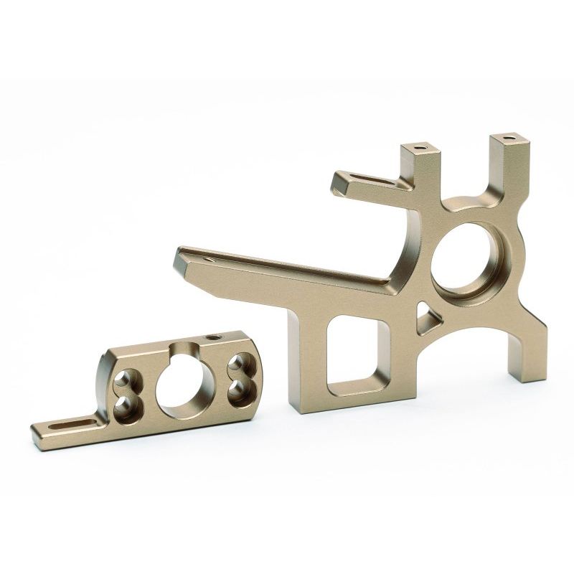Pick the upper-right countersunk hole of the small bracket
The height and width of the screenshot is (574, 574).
235,364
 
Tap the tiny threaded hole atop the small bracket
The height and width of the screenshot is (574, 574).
212,337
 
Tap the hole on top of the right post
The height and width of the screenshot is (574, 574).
508,136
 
